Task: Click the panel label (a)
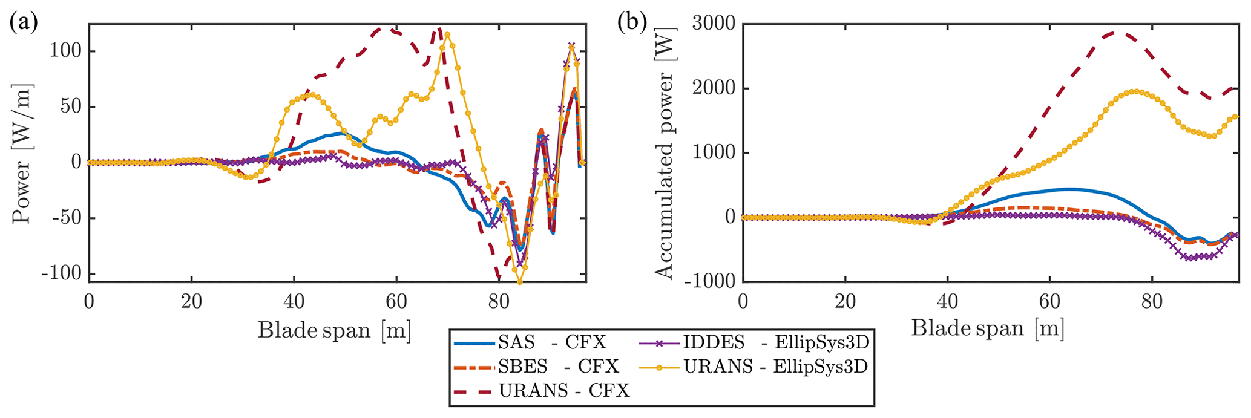tap(24, 24)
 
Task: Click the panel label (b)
tap(632, 24)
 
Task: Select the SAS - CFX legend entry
tap(530, 343)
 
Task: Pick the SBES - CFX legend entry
tap(536, 367)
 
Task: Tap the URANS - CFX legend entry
tap(542, 391)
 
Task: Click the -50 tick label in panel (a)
tap(65, 218)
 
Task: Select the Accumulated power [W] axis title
tap(665, 175)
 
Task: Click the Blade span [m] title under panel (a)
tap(335, 330)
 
